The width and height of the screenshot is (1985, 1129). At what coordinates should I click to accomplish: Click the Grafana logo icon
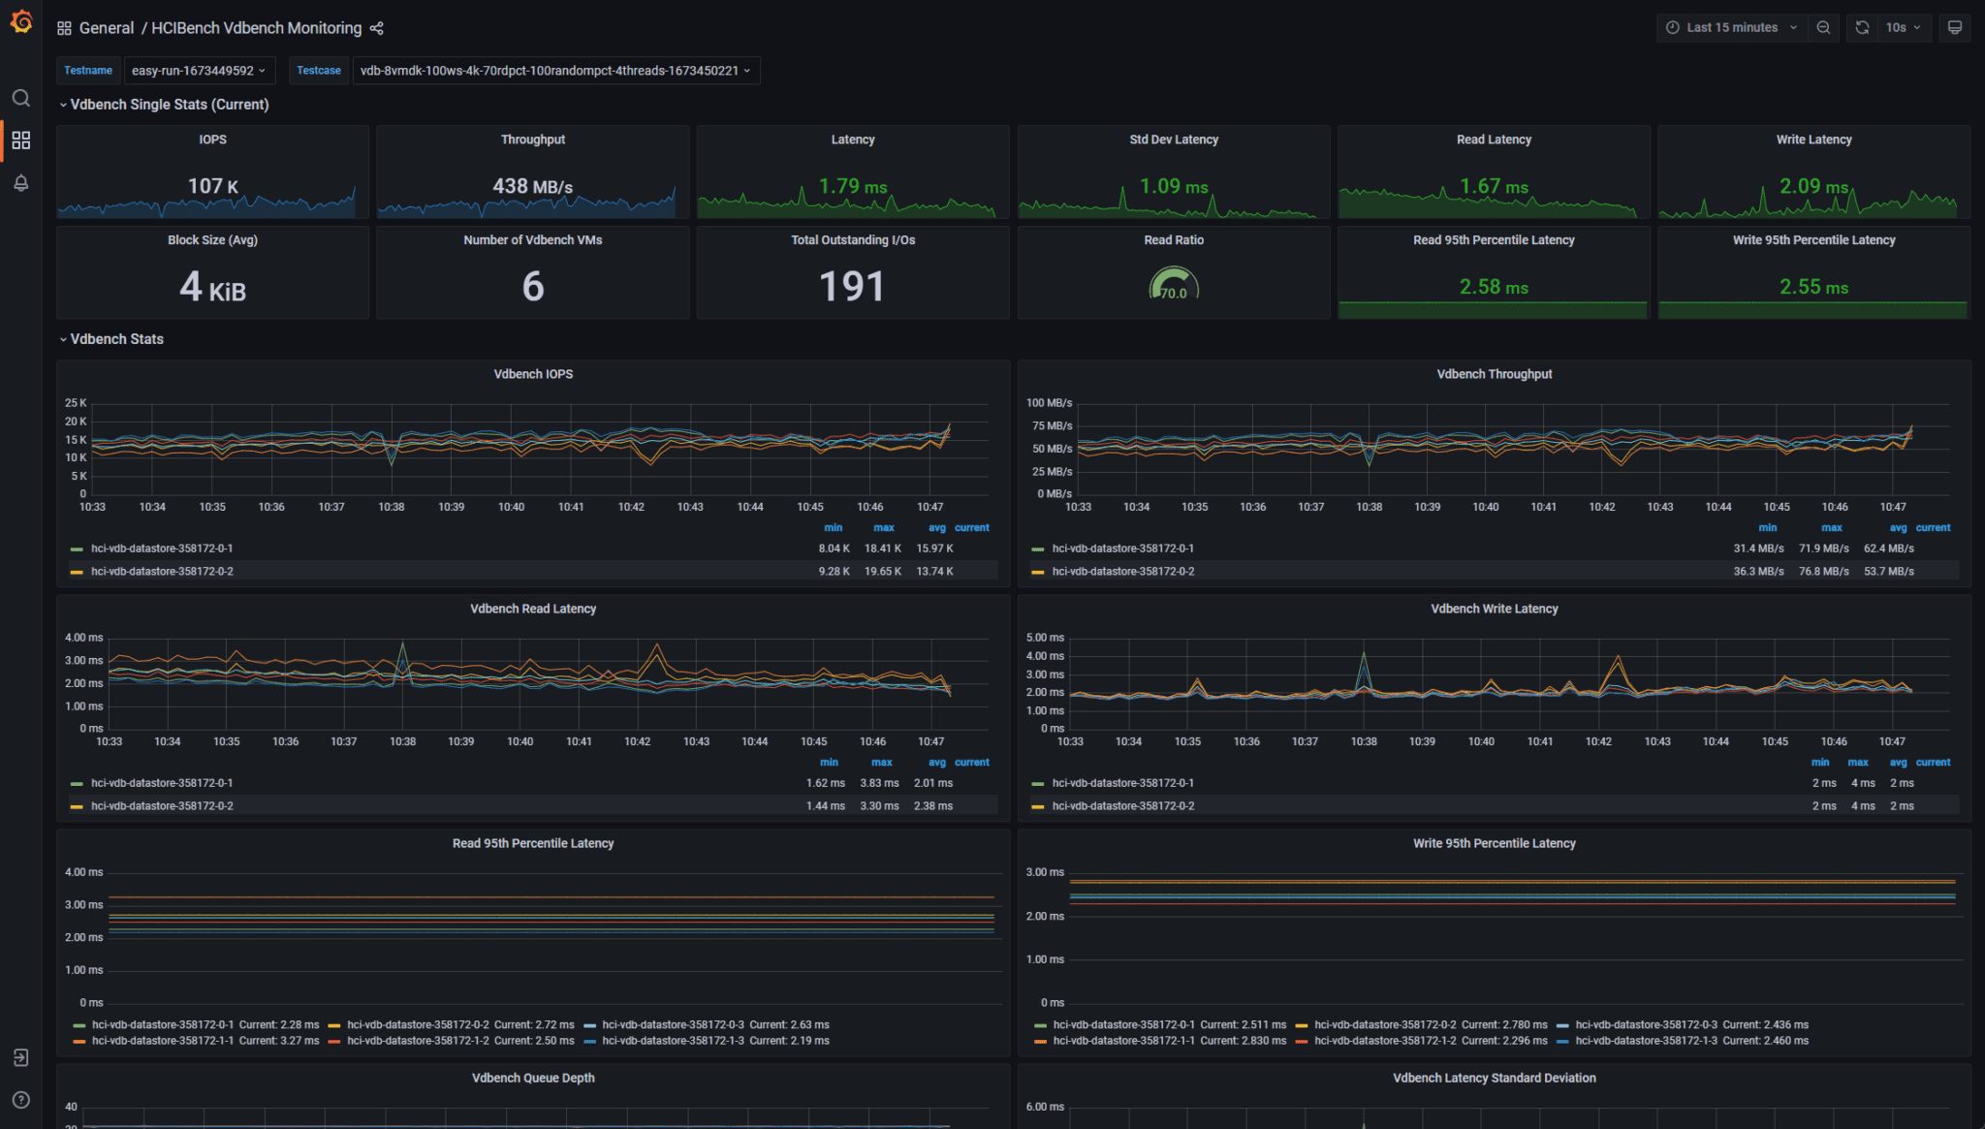pos(21,21)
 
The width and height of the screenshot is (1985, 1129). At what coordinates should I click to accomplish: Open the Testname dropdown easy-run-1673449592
pos(199,71)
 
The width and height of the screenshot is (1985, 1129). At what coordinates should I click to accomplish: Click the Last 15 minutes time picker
pos(1731,27)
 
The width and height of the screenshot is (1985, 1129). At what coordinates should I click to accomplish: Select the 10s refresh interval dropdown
pos(1903,27)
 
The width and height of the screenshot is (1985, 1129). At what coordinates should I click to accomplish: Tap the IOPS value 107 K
pos(212,186)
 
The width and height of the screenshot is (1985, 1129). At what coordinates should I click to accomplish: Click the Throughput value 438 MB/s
pos(532,186)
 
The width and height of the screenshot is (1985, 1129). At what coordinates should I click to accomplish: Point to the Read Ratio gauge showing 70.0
pos(1173,287)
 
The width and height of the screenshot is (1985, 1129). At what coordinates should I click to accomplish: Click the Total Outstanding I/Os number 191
pos(852,287)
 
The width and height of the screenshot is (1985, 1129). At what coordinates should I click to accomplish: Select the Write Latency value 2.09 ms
pos(1812,186)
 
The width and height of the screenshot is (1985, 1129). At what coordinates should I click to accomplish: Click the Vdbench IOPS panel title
pos(533,374)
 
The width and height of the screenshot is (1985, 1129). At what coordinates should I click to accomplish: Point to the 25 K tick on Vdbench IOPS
pos(76,403)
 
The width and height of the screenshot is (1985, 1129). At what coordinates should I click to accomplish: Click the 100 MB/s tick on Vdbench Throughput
pos(1049,403)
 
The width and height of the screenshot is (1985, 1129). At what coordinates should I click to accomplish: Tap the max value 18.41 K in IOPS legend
pos(882,549)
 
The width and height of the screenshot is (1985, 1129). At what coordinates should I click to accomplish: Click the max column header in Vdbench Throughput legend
pos(1831,528)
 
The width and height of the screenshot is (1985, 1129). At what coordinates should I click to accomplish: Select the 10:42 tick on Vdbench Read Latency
pos(637,741)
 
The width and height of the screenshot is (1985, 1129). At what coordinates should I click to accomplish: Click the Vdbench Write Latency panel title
pos(1494,609)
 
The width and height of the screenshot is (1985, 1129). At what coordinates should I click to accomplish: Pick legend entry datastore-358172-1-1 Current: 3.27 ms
pos(205,1041)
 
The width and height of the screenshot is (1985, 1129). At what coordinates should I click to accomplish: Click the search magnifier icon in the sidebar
pos(21,98)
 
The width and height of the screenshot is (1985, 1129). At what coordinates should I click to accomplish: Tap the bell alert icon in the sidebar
pos(21,183)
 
